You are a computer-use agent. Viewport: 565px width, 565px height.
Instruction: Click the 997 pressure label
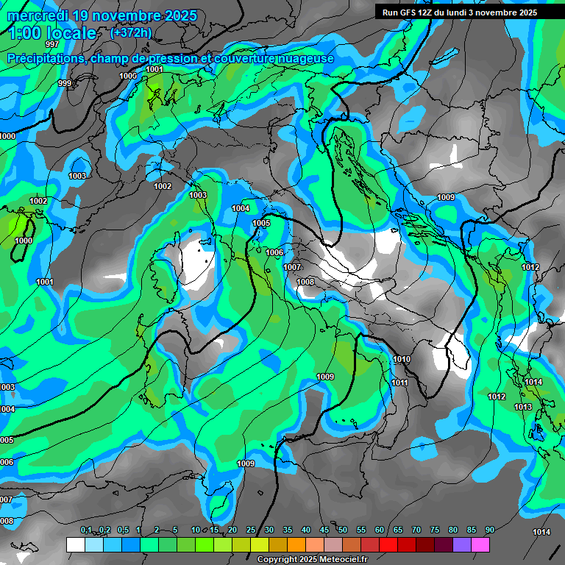[51, 45]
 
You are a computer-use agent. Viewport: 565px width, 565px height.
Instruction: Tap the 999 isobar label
[65, 83]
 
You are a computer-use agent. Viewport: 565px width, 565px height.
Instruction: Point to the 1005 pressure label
[261, 223]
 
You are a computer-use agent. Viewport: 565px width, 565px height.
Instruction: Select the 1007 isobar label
[292, 266]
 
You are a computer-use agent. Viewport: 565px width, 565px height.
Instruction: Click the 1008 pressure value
[305, 282]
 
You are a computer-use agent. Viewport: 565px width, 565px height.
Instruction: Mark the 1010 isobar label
[402, 359]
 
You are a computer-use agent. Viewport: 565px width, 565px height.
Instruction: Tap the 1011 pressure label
[399, 383]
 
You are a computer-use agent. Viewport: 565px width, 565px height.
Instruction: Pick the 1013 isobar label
[523, 407]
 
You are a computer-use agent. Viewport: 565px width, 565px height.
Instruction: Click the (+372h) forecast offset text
[130, 32]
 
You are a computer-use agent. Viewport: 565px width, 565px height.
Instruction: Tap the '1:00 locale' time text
[52, 33]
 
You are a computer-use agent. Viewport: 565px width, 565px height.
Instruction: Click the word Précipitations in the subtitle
[44, 58]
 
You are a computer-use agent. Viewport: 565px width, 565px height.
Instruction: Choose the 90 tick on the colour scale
[489, 530]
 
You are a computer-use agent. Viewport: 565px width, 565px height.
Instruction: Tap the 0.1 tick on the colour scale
[85, 530]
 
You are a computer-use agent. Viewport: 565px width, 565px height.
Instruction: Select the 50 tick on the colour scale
[343, 530]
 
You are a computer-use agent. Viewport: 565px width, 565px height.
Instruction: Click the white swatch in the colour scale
[75, 544]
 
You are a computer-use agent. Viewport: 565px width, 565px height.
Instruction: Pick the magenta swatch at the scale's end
[480, 544]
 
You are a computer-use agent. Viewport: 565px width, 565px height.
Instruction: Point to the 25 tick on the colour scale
[251, 530]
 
